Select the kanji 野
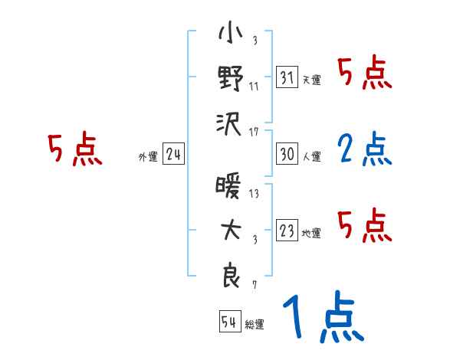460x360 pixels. [230, 79]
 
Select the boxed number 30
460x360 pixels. [287, 154]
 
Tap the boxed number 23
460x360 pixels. [287, 231]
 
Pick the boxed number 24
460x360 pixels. [174, 155]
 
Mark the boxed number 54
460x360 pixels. [229, 322]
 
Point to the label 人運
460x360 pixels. [311, 157]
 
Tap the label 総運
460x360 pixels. [255, 325]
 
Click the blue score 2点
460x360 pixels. [364, 149]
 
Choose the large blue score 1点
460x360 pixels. [322, 318]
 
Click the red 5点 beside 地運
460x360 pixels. [364, 226]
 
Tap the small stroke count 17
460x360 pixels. [254, 132]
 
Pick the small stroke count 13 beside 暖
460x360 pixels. [254, 194]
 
